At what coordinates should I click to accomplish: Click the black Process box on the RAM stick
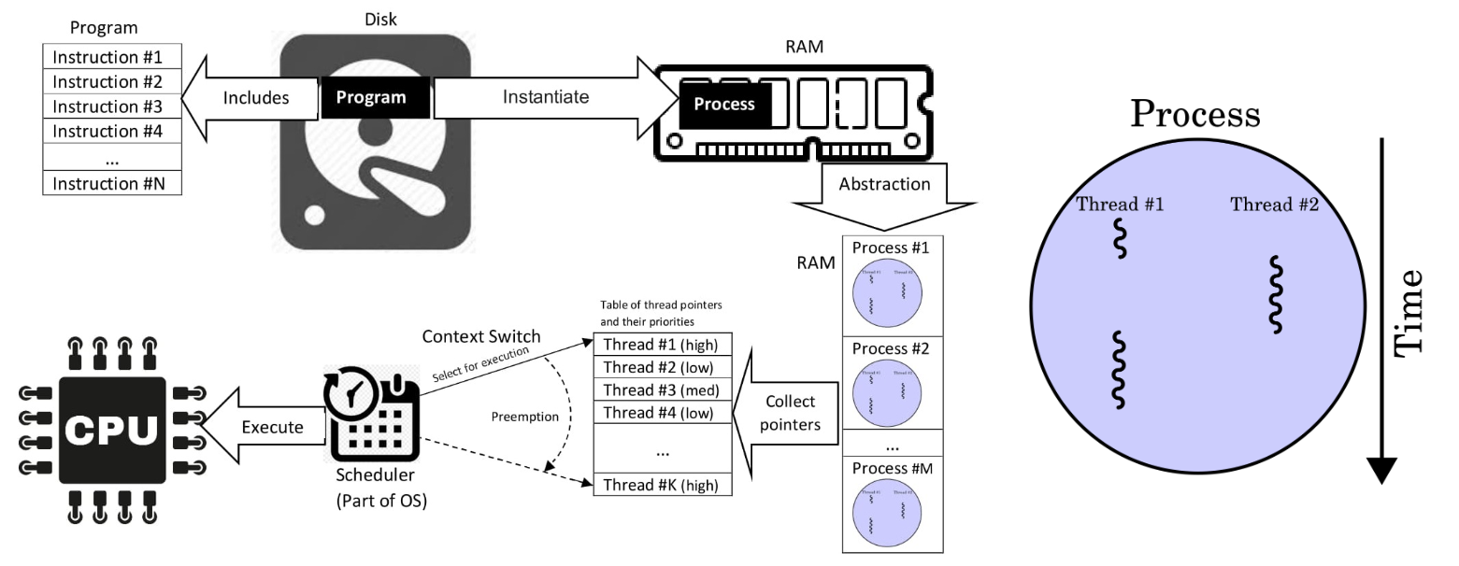tap(724, 103)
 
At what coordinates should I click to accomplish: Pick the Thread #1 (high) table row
tap(662, 343)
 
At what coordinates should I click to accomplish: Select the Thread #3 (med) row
tap(662, 389)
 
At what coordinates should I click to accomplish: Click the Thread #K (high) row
tap(662, 485)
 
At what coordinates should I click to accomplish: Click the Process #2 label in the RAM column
tap(894, 349)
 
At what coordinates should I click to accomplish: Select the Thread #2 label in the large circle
tap(1274, 205)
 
